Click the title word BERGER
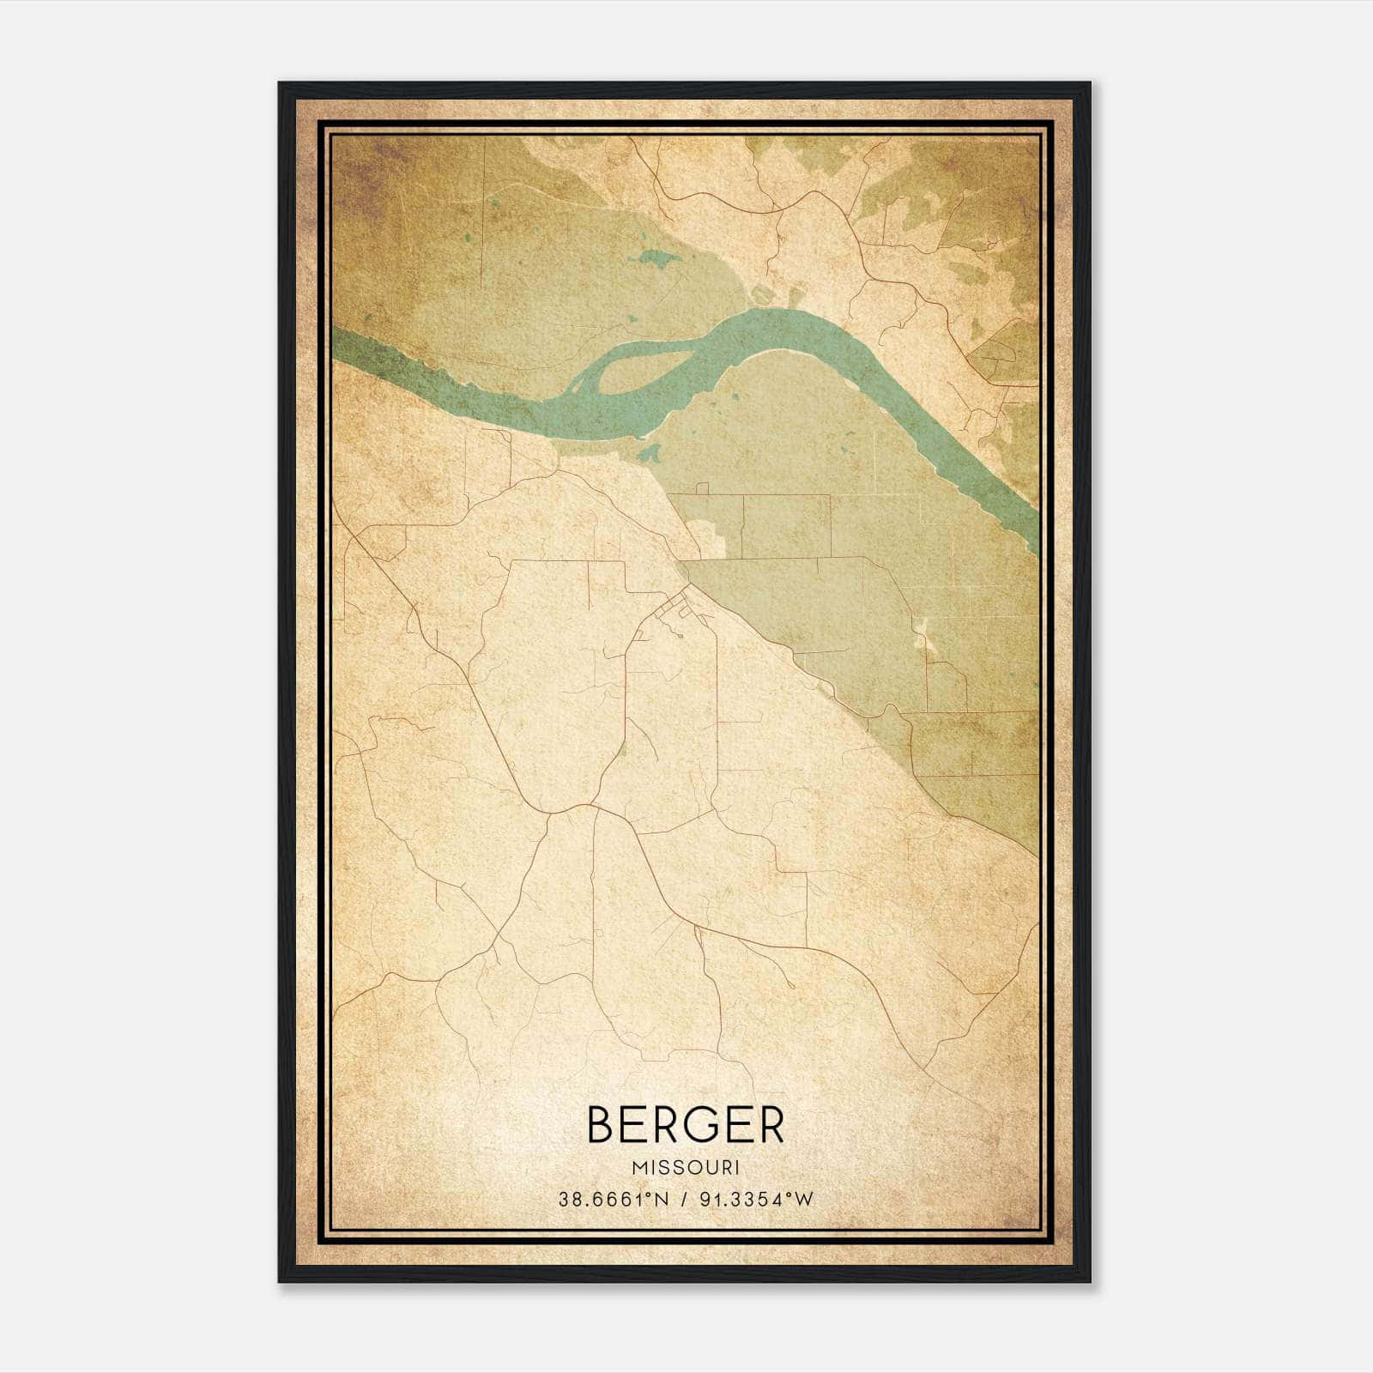685,1125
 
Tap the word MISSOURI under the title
685,1168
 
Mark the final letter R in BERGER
770,1125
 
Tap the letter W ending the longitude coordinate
803,1200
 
